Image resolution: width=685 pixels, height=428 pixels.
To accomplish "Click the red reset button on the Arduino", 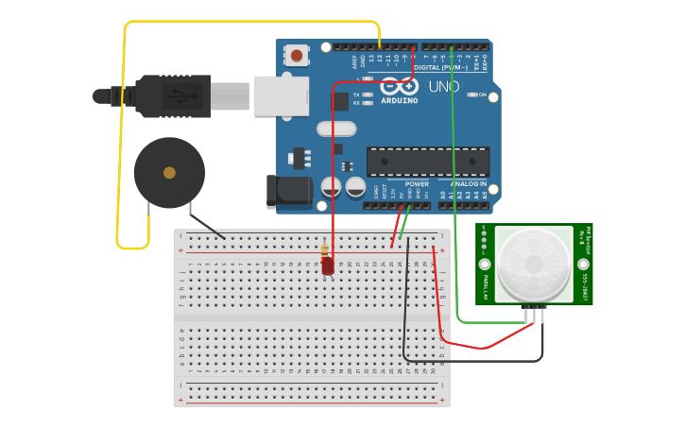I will click(x=297, y=56).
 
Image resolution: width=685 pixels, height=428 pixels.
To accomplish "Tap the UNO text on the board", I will click(x=444, y=87).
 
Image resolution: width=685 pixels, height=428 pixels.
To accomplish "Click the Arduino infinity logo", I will click(x=399, y=85).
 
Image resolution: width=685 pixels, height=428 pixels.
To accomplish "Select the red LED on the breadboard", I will click(x=328, y=266).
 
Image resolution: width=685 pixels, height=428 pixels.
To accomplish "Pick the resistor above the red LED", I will click(x=325, y=250).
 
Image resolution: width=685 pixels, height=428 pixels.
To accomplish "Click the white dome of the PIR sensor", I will click(x=534, y=264).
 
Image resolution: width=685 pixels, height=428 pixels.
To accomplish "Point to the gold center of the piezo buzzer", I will click(x=169, y=173).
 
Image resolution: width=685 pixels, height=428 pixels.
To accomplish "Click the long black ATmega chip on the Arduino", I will click(x=427, y=162).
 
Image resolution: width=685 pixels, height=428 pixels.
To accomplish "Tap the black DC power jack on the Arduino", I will click(x=287, y=191).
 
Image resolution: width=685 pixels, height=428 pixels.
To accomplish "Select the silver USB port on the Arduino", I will click(x=282, y=96).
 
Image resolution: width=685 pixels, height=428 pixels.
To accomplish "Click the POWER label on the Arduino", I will click(x=417, y=184).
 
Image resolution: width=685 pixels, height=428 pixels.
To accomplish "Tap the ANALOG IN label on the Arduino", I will click(x=469, y=184).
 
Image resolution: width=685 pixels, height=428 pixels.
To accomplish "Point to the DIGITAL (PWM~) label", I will click(x=440, y=67).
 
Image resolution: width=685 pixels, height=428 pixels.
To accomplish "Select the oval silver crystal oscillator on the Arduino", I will click(x=336, y=129).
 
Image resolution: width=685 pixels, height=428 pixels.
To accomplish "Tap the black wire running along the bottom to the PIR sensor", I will click(x=472, y=360).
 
